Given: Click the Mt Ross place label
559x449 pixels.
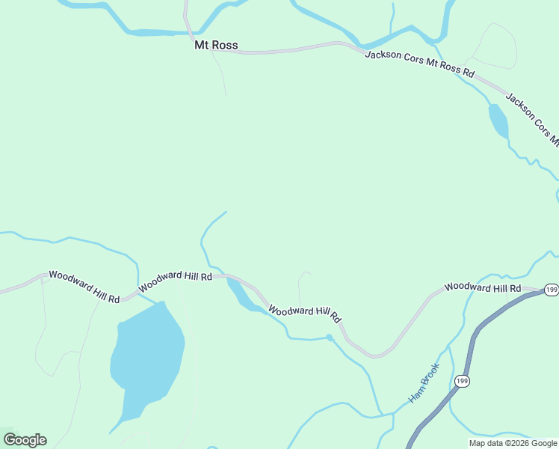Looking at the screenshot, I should pyautogui.click(x=216, y=46).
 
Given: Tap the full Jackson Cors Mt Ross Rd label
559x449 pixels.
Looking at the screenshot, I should pyautogui.click(x=419, y=65).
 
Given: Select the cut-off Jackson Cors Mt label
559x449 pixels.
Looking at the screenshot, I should pyautogui.click(x=532, y=118).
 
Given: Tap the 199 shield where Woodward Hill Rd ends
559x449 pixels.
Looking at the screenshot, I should pyautogui.click(x=551, y=290).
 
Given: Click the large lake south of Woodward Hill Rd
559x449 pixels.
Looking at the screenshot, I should pyautogui.click(x=147, y=358).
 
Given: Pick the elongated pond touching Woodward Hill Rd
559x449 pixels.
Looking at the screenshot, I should pyautogui.click(x=241, y=294).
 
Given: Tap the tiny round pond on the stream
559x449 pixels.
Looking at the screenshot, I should pyautogui.click(x=330, y=337).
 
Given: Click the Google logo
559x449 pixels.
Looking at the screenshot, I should pyautogui.click(x=25, y=440).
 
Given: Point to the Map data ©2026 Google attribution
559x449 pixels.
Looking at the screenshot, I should pyautogui.click(x=513, y=443).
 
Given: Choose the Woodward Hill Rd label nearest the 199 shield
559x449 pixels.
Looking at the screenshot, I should pyautogui.click(x=483, y=287).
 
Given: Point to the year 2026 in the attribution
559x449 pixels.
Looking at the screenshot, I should pyautogui.click(x=521, y=443).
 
